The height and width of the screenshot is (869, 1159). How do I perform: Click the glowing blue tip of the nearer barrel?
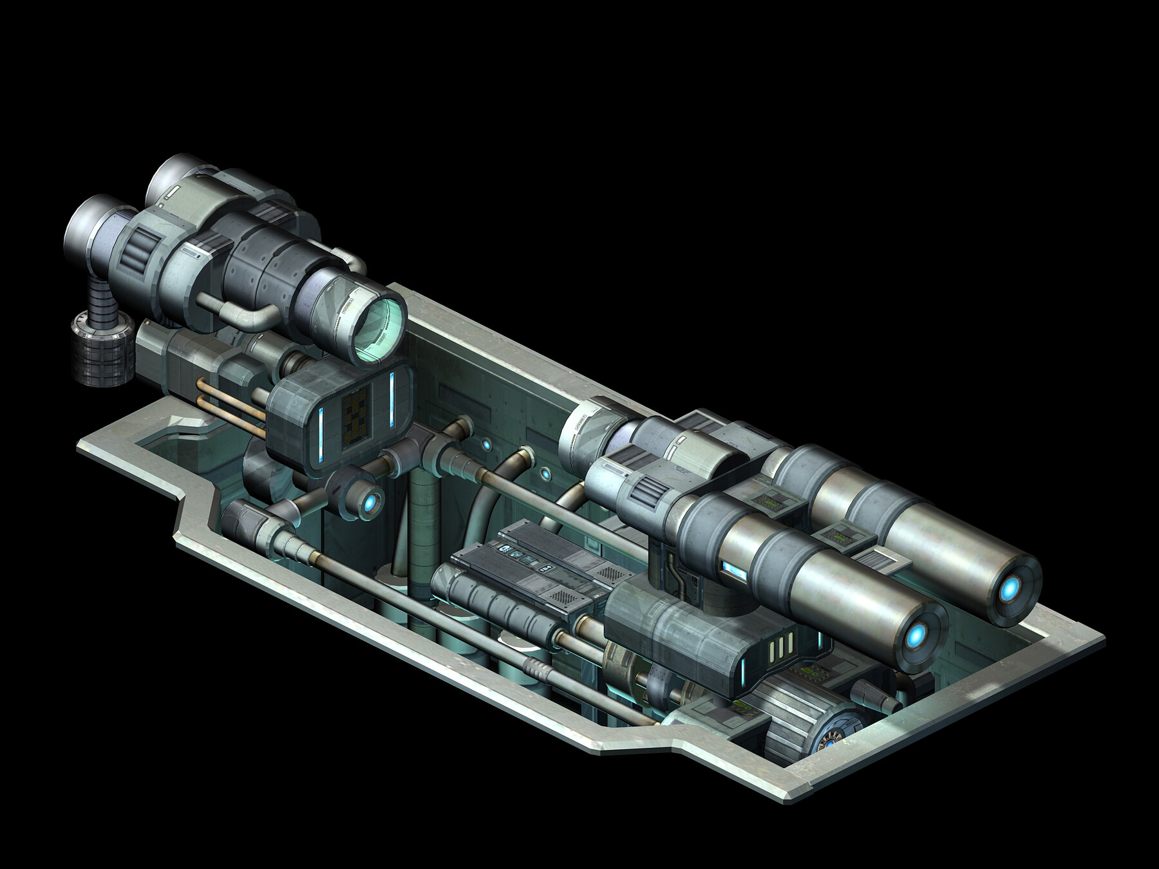917,637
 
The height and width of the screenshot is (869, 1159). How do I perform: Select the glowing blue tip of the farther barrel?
1010,587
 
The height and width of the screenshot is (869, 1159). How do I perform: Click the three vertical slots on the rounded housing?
779,644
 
